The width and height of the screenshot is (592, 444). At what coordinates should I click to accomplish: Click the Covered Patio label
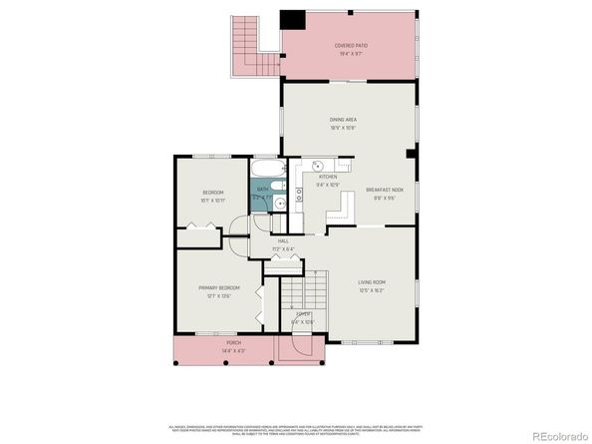[350, 45]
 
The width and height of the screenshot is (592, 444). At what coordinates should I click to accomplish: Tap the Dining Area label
[343, 120]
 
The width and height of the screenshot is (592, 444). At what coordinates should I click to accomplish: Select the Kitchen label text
[328, 177]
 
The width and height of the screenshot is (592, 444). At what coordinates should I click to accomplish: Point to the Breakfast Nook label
[384, 190]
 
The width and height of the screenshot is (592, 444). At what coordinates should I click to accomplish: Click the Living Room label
[372, 282]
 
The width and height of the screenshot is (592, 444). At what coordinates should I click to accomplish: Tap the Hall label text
[283, 241]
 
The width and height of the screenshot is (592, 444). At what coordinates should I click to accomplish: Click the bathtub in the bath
[265, 169]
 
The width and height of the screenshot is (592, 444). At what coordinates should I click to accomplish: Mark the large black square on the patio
[292, 20]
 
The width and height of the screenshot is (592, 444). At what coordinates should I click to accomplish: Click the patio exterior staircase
[242, 45]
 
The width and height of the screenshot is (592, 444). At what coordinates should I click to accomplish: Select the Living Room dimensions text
[372, 290]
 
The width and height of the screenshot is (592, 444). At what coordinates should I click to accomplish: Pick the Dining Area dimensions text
[343, 128]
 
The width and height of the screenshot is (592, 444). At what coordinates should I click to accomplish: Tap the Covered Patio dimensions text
[350, 53]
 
